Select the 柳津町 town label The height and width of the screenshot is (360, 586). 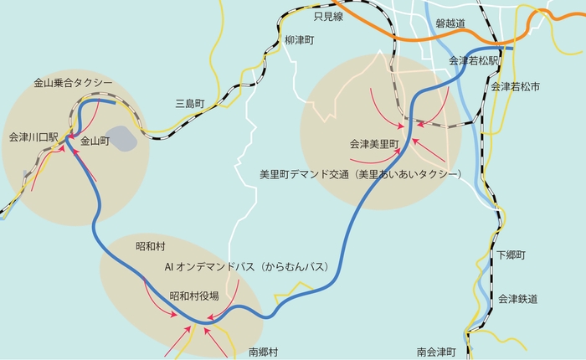tap(298, 40)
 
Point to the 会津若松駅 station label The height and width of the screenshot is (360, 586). tap(474, 61)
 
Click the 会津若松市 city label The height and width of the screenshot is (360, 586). tap(515, 86)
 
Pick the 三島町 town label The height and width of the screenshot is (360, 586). tap(189, 104)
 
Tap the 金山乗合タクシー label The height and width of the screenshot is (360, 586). tap(73, 84)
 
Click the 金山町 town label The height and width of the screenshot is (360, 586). tap(95, 142)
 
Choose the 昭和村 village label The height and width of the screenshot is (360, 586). tap(151, 248)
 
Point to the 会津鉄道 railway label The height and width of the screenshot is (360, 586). tap(517, 299)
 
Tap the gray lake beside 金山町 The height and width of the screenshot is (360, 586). tap(122, 137)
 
